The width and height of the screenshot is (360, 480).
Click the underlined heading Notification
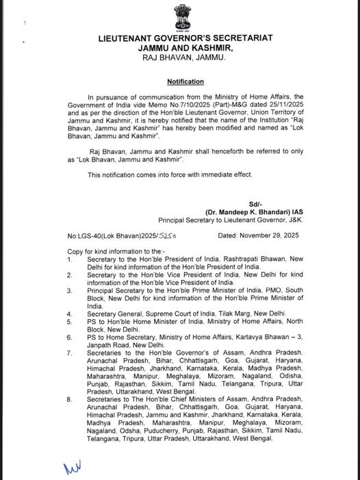(179, 81)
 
